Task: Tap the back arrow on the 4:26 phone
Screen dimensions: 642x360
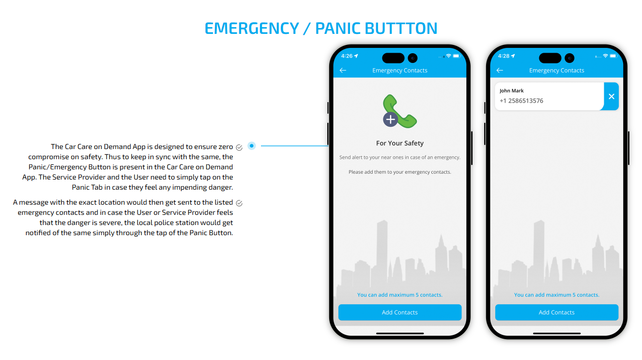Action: (343, 71)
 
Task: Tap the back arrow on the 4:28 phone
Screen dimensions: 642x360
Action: (500, 71)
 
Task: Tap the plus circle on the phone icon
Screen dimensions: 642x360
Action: (390, 120)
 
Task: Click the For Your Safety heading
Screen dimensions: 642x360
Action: (400, 143)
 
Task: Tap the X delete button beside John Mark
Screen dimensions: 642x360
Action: (611, 96)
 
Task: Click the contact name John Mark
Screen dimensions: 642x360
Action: (512, 91)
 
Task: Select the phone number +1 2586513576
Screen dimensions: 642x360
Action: (521, 101)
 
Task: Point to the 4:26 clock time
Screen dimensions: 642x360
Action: (347, 56)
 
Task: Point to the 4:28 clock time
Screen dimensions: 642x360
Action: (504, 56)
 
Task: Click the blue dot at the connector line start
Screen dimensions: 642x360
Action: (252, 146)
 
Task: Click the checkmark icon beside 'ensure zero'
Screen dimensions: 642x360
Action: (239, 148)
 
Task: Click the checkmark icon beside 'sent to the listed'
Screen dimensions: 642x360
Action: (239, 203)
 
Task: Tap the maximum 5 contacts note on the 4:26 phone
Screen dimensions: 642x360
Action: (400, 295)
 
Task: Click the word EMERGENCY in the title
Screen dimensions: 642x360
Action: (252, 29)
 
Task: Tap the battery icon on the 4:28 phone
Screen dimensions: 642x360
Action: (613, 56)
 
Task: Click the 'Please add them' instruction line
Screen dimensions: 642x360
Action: (400, 172)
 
